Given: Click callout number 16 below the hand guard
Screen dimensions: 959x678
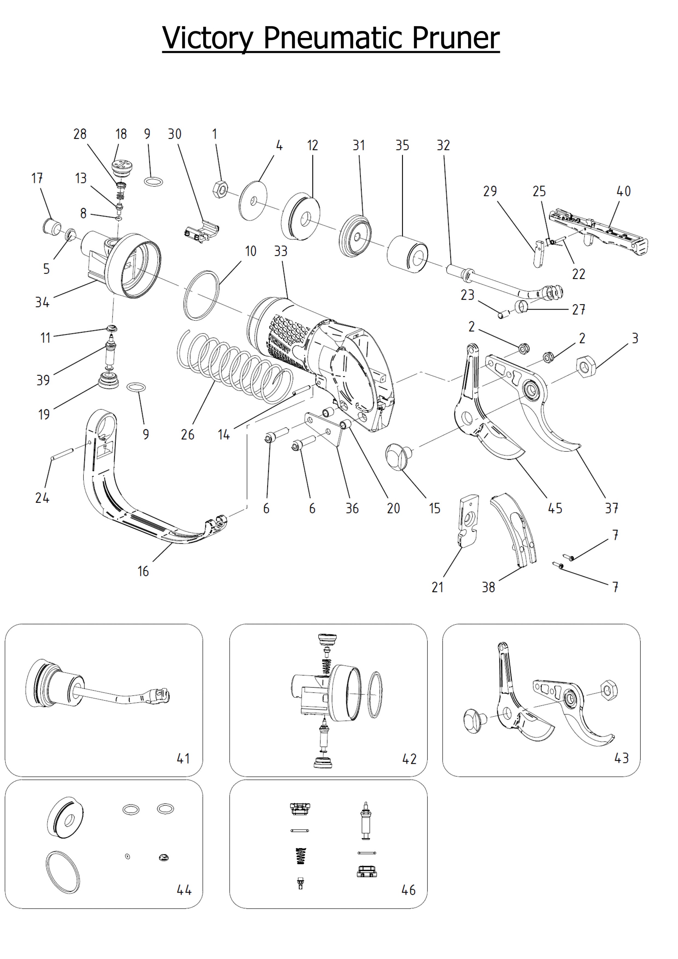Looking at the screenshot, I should pyautogui.click(x=143, y=571).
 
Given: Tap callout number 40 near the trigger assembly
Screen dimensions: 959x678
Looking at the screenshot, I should pyautogui.click(x=623, y=191).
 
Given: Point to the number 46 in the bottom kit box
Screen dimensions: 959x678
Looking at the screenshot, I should pyautogui.click(x=408, y=890).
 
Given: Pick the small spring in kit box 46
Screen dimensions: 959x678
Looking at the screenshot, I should pyautogui.click(x=300, y=856).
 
